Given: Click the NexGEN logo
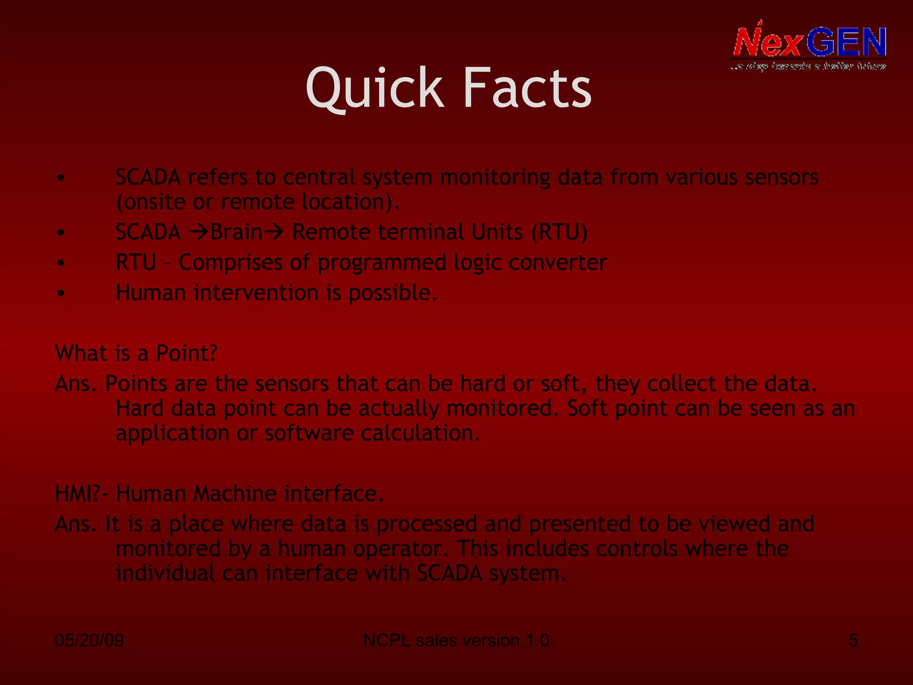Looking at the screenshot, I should coord(809,46).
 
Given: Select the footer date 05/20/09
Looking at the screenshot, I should coord(89,640).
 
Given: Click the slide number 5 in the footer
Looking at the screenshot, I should coord(853,640).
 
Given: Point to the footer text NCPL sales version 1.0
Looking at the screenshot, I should coord(456,640).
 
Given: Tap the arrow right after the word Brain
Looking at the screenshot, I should coord(273,232).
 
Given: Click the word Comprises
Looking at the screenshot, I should coord(230,263).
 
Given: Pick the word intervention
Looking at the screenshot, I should coord(256,293).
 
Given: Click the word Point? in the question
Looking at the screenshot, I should coord(186,353).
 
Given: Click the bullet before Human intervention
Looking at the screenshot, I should coord(61,293).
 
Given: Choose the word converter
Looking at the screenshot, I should coord(557,263).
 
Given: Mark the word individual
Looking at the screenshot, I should coord(165,573).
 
